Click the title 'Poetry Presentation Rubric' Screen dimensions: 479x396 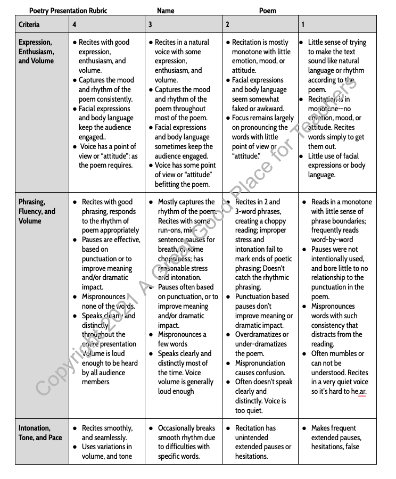[68, 11]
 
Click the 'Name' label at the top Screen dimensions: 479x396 [166, 11]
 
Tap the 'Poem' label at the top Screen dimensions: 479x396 [268, 11]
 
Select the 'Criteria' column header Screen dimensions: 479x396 [29, 24]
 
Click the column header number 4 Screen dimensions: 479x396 [75, 24]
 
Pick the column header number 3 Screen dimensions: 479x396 [150, 24]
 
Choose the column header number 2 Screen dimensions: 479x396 [227, 24]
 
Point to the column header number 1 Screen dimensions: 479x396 [303, 24]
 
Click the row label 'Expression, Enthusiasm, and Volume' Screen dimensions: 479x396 [36, 52]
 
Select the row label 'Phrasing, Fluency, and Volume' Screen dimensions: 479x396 [37, 211]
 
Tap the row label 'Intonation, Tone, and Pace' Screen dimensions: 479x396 [40, 433]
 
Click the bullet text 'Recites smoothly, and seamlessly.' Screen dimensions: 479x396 [107, 433]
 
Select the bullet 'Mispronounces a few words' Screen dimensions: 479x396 [182, 339]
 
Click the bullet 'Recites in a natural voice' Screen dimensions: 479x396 [182, 47]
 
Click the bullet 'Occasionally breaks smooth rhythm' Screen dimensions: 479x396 [186, 433]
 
